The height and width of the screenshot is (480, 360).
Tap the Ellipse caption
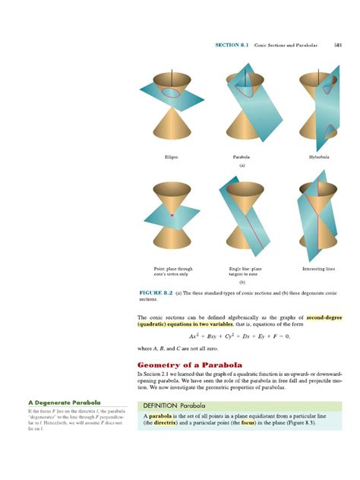pyautogui.click(x=172, y=156)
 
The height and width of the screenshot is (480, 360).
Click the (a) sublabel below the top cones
pyautogui.click(x=242, y=165)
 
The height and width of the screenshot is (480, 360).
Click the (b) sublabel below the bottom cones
pyautogui.click(x=242, y=282)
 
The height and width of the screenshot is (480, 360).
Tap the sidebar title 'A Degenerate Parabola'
pyautogui.click(x=54, y=403)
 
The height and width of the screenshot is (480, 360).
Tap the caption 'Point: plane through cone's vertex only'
pyautogui.click(x=173, y=272)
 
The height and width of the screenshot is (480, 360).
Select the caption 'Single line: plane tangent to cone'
pyautogui.click(x=245, y=272)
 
